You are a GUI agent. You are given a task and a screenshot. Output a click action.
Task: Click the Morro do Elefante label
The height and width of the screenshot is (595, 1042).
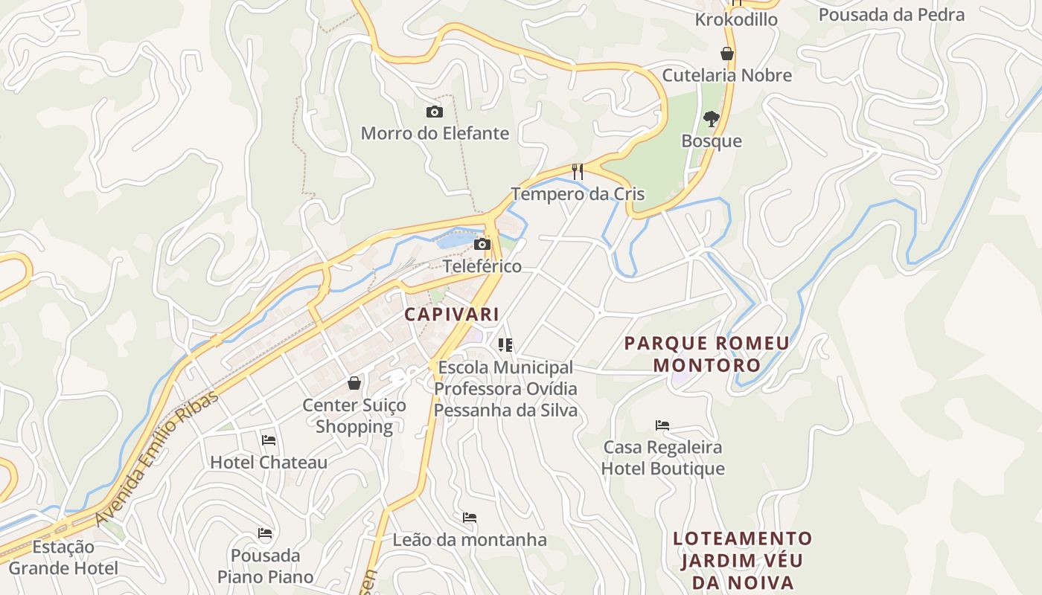tap(435, 134)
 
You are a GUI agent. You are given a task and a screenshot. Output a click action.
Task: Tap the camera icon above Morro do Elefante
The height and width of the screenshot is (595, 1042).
tap(435, 112)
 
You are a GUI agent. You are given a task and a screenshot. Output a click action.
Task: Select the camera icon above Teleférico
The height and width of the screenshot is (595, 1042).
tap(482, 244)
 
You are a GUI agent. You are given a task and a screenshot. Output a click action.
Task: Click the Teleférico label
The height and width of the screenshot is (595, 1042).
tap(482, 266)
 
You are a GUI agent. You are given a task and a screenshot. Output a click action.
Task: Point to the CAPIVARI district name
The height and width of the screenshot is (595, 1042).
tap(452, 314)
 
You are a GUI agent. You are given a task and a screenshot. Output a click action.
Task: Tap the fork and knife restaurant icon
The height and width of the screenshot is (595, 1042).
tap(577, 172)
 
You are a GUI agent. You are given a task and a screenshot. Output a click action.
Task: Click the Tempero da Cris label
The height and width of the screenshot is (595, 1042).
tap(577, 194)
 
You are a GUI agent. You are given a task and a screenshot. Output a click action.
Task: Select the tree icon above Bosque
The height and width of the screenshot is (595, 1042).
tap(712, 118)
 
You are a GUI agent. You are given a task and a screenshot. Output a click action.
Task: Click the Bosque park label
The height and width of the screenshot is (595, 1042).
tap(712, 141)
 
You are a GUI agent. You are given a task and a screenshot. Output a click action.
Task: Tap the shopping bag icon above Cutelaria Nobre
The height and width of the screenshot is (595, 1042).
tap(727, 54)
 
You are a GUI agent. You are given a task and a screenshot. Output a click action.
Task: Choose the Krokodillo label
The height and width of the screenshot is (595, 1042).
tap(736, 19)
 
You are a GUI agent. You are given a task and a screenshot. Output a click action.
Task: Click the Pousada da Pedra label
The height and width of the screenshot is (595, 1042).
tap(891, 15)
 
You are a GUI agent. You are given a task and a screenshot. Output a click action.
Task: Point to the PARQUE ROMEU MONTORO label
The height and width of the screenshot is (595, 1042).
tap(706, 354)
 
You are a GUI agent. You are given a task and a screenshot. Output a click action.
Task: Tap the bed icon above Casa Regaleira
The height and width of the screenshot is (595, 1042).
tap(662, 425)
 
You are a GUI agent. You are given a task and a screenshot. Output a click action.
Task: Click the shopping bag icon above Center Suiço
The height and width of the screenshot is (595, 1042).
tap(354, 383)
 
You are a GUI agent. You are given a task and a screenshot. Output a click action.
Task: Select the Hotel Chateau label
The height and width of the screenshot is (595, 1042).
tap(269, 462)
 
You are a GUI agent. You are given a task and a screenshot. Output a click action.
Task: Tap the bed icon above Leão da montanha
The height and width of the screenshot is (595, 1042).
tap(470, 518)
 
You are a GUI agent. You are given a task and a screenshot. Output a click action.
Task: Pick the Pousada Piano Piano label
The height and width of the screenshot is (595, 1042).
tap(265, 566)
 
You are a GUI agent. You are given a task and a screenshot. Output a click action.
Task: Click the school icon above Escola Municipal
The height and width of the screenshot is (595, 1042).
tap(505, 345)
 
